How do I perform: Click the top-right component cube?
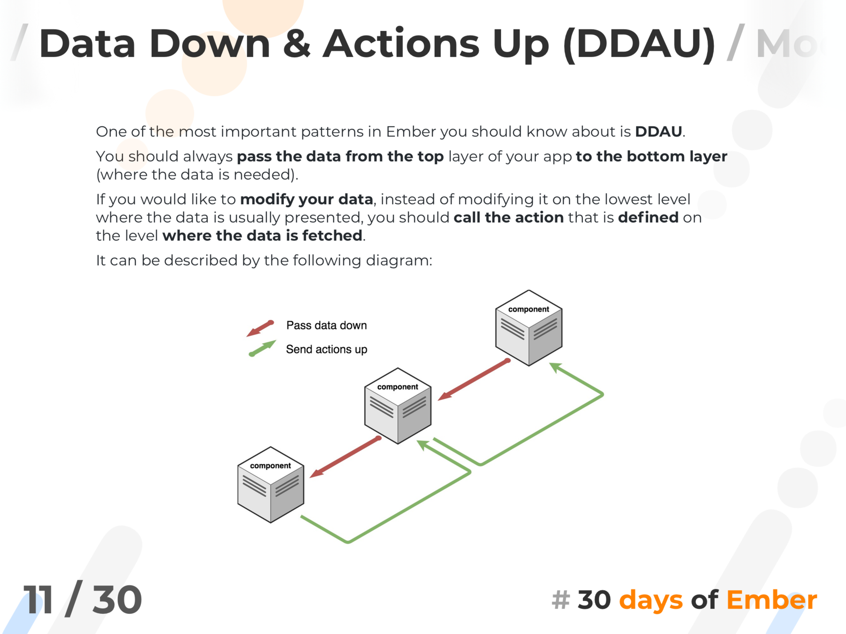coord(529,328)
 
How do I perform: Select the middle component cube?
coord(398,406)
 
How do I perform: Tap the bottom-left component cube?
coord(271,485)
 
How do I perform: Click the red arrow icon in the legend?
coord(260,328)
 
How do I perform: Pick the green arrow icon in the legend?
coord(262,348)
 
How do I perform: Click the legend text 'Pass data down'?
coord(326,325)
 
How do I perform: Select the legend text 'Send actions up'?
coord(326,349)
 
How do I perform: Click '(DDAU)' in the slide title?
coord(639,44)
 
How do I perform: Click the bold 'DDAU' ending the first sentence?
coord(658,131)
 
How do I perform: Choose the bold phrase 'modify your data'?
coord(306,199)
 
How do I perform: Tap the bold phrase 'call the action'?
coord(509,217)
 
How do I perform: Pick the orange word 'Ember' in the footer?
coord(771,600)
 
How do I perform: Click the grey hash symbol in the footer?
coord(561,600)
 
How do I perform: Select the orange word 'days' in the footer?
coord(650,600)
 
